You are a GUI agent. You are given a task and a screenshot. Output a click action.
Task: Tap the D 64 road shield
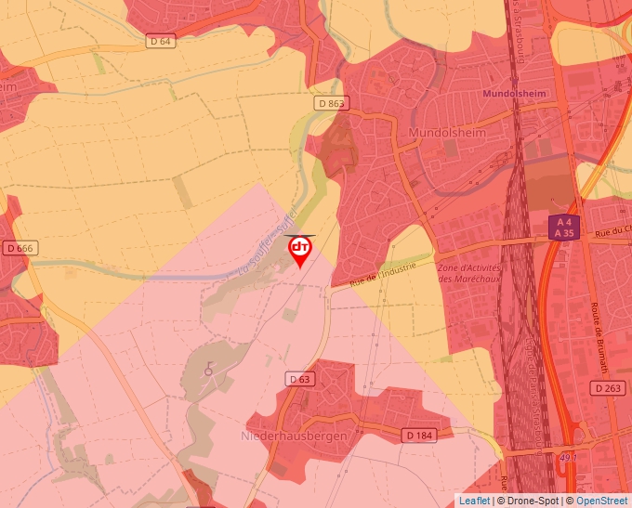(161, 41)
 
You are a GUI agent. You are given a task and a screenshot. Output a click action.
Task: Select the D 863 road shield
(329, 102)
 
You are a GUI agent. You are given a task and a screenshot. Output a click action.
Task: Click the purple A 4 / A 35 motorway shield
(561, 228)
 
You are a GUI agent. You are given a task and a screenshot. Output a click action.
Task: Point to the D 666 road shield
(20, 248)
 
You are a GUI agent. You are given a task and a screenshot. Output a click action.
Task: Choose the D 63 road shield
(299, 379)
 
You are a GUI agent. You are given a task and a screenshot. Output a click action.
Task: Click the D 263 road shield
(609, 387)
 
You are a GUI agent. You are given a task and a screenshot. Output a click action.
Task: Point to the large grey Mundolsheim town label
(448, 134)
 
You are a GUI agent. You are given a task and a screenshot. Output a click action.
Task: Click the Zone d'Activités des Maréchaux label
(469, 273)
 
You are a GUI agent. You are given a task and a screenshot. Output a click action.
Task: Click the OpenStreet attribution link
(601, 501)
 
